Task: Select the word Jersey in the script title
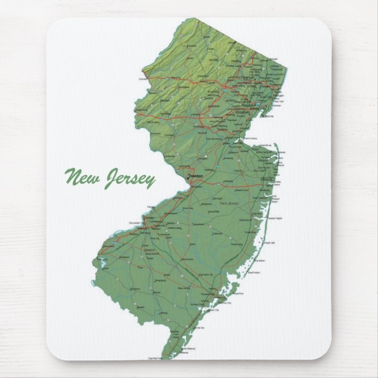[x=129, y=178]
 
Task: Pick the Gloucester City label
[x=137, y=223]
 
